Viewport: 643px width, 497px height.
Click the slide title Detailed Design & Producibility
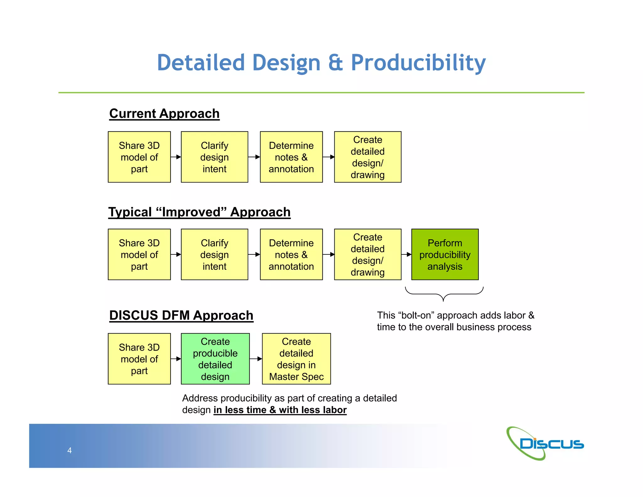tap(321, 63)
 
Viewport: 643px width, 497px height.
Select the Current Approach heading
tap(164, 114)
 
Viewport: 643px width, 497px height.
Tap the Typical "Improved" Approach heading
tap(199, 212)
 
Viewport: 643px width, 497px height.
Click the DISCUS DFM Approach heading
tap(181, 315)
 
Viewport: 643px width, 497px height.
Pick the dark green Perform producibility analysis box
tap(445, 254)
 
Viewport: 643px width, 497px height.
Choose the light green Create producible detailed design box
tap(215, 359)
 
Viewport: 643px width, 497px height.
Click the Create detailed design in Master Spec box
tap(296, 359)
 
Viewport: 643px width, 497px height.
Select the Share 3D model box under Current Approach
tap(139, 157)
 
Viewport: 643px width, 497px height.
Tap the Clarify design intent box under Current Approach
tap(214, 157)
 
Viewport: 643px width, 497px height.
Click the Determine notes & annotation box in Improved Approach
tap(291, 254)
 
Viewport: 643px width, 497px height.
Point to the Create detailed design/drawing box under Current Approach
tap(367, 157)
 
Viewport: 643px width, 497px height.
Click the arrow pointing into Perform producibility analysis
tap(407, 254)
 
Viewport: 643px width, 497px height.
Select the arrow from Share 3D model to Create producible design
tap(176, 359)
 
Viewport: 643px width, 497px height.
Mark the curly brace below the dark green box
tap(443, 294)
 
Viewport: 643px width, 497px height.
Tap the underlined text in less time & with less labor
tap(280, 410)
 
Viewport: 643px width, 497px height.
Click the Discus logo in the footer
tap(544, 444)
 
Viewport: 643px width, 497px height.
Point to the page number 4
tap(69, 451)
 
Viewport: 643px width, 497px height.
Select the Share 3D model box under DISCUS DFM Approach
tap(139, 359)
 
